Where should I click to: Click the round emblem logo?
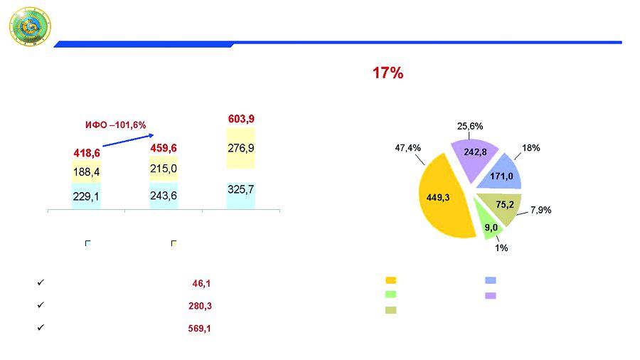click(x=30, y=28)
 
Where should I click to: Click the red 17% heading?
click(x=388, y=73)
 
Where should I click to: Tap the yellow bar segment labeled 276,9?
click(x=241, y=149)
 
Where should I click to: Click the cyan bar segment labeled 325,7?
click(x=241, y=189)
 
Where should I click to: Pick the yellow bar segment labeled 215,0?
click(x=164, y=169)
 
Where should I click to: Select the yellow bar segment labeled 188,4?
click(x=86, y=171)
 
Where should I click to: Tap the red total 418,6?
click(x=86, y=153)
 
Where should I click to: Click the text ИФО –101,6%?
click(x=115, y=125)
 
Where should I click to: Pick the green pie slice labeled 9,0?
click(x=489, y=226)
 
